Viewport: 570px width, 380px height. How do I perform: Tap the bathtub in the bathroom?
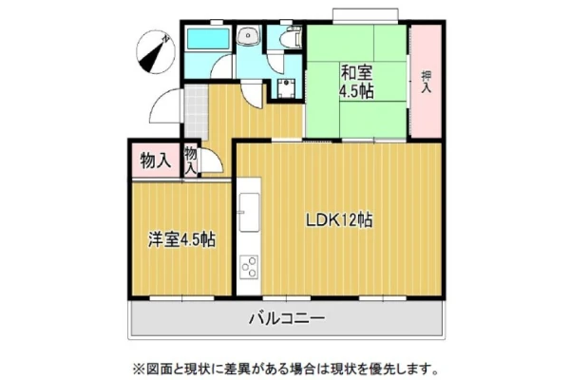[x=208, y=39]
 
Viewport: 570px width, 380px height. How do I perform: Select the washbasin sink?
[x=248, y=36]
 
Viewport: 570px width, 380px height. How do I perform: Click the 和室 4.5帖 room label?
[x=356, y=83]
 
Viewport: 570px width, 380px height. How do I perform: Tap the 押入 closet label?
[x=427, y=82]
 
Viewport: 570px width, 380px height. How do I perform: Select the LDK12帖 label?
[x=339, y=220]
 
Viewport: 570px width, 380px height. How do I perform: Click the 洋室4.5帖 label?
[x=181, y=239]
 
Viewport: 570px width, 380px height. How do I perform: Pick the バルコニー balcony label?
[x=287, y=318]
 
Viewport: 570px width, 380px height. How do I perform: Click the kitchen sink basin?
[x=249, y=213]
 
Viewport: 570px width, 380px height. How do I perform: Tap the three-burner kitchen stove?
[x=249, y=267]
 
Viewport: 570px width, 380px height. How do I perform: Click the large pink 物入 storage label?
[x=156, y=161]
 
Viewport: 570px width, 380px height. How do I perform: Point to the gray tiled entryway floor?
[x=196, y=112]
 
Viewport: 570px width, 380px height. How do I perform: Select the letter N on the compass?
[x=165, y=39]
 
